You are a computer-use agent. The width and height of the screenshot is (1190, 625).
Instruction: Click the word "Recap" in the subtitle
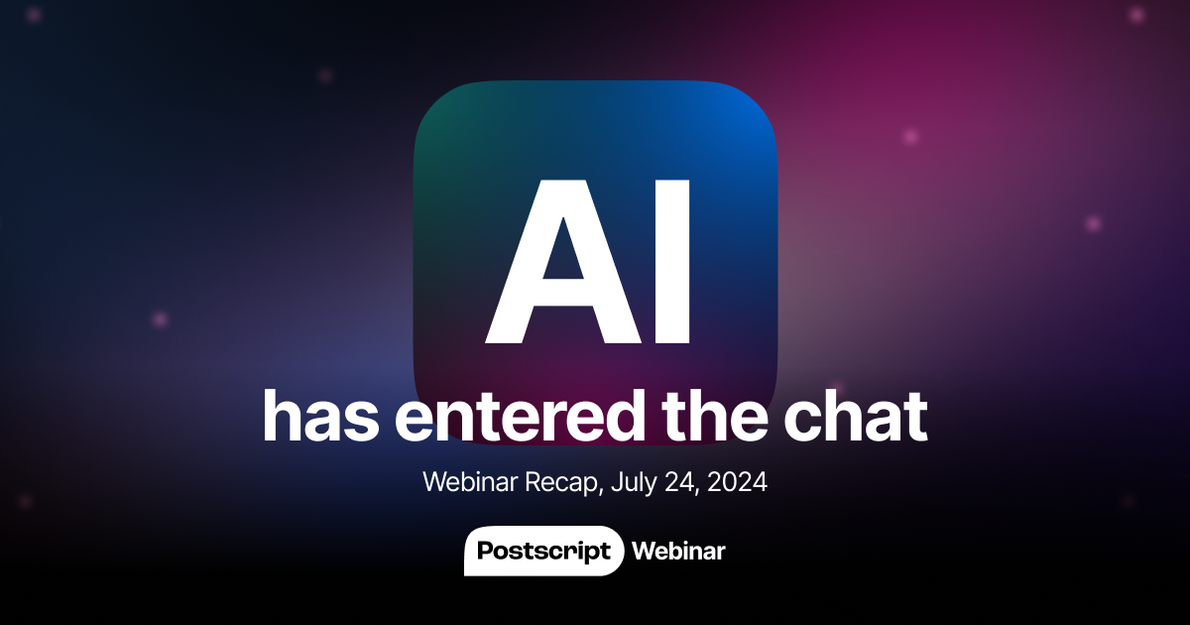pos(564,483)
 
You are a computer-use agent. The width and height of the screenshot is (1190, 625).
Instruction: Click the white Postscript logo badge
pos(543,551)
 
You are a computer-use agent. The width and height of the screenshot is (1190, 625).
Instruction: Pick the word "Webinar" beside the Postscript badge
pos(678,551)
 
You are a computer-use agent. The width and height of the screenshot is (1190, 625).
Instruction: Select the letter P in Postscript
pos(485,551)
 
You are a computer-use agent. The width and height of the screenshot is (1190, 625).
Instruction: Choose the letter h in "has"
pos(282,417)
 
